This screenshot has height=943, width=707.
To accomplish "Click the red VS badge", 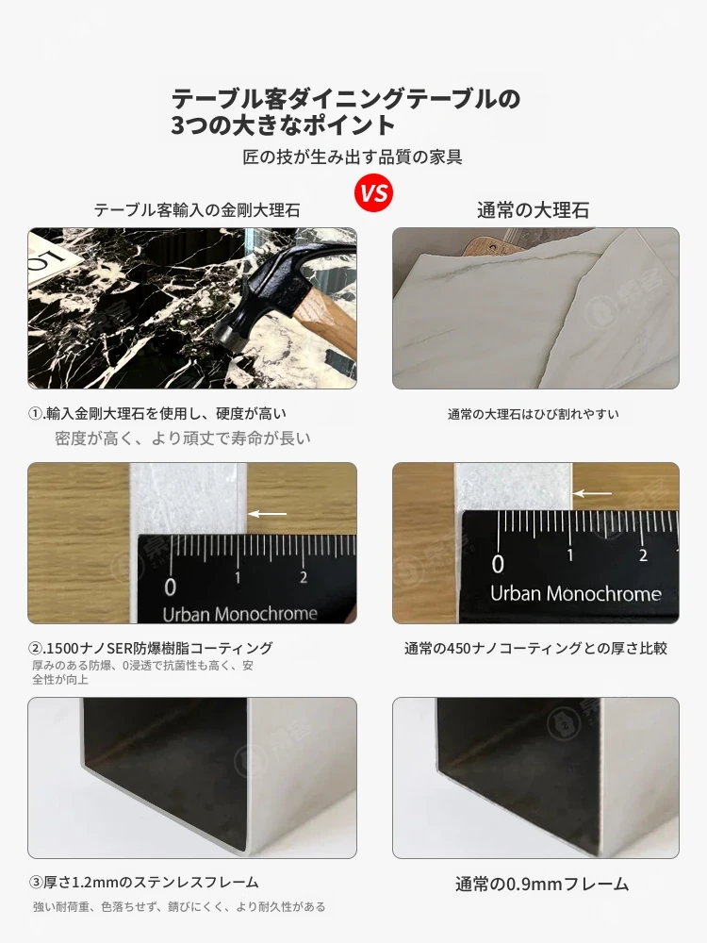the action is click(x=374, y=193).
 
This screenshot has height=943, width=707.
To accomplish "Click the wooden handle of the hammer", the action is click(x=324, y=324).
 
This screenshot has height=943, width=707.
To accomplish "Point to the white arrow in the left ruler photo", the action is click(x=268, y=514).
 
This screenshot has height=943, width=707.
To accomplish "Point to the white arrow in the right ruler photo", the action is click(x=593, y=494).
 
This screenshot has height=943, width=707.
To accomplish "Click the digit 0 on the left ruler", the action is click(x=170, y=587).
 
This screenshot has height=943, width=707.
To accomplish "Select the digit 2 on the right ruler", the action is click(x=643, y=555).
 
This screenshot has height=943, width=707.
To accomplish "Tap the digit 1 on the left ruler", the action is click(x=238, y=578).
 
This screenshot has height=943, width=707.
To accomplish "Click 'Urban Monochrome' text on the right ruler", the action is click(x=575, y=594).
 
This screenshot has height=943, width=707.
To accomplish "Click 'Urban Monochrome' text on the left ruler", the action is click(x=239, y=614).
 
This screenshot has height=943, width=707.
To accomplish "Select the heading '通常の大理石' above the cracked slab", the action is click(x=533, y=210).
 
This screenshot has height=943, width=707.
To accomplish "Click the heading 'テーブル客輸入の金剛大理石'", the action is click(x=197, y=210).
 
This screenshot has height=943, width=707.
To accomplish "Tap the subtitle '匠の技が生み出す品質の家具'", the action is click(x=353, y=157).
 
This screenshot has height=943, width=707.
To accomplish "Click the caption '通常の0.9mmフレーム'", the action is click(x=542, y=885).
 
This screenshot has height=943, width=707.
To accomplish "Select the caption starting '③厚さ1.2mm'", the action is click(x=143, y=883).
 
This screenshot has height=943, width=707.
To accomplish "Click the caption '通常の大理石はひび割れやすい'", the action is click(x=533, y=414).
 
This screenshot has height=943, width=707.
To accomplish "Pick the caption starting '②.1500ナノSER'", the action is click(x=151, y=649).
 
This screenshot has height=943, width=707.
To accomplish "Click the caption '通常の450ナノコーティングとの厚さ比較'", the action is click(x=535, y=649).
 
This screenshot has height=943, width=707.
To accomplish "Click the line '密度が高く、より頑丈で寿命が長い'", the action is click(x=183, y=438).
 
